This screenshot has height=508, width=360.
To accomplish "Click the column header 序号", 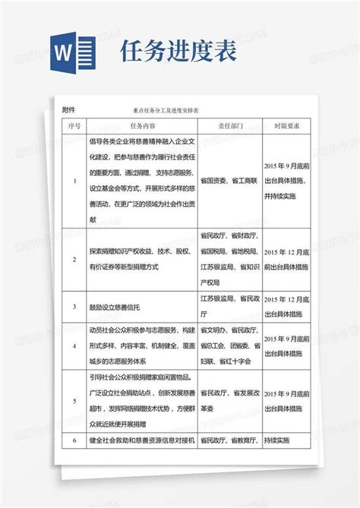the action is tap(74, 125).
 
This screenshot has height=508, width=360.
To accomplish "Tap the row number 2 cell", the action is tap(74, 259).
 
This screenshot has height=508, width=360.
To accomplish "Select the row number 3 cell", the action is tap(74, 307).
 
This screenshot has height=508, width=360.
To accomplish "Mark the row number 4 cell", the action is tap(74, 346).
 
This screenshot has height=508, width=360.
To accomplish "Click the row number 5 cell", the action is tap(74, 399).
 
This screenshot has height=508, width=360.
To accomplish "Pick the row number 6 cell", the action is tap(74, 440).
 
